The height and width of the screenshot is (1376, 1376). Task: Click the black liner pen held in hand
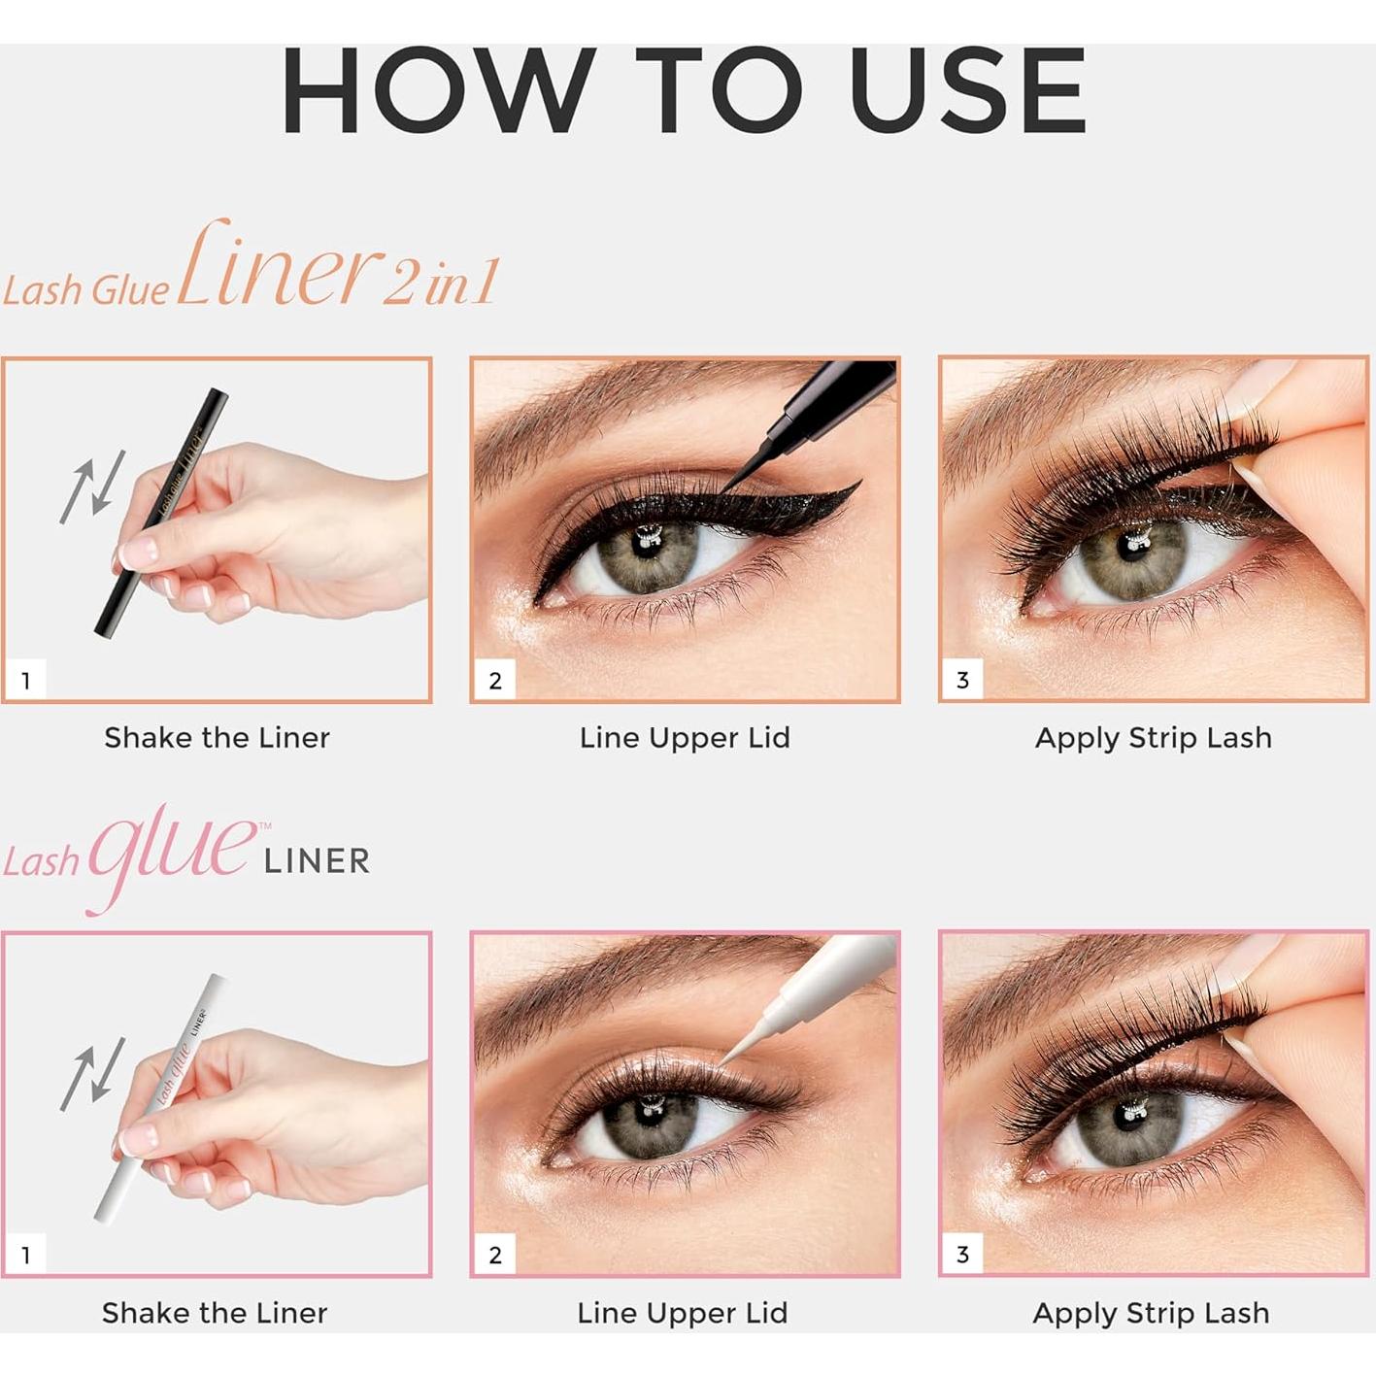click(160, 515)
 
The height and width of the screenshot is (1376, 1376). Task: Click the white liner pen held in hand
click(160, 1092)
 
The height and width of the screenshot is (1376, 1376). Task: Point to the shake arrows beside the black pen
click(92, 487)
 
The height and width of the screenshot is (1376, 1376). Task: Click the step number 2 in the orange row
click(494, 681)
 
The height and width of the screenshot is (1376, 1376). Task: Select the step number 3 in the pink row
click(962, 1255)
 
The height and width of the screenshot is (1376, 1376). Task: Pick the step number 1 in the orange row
click(26, 681)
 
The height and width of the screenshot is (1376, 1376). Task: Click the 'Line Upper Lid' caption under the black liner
click(685, 738)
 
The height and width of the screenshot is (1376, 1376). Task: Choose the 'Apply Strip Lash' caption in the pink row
click(1151, 1313)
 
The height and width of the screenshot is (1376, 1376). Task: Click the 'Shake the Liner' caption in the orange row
click(217, 738)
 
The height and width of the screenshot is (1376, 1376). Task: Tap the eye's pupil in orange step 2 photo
click(646, 542)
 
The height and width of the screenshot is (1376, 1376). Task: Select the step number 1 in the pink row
click(26, 1255)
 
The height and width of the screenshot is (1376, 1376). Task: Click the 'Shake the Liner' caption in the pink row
click(215, 1313)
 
